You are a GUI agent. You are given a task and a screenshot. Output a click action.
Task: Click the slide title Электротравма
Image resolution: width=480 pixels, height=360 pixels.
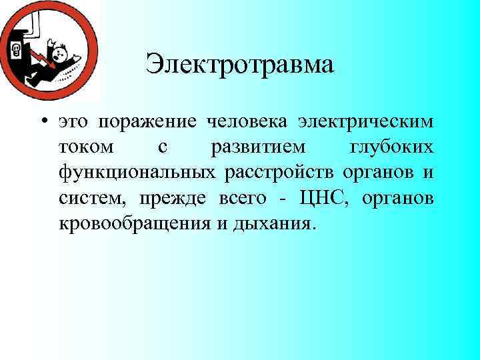pos(239,66)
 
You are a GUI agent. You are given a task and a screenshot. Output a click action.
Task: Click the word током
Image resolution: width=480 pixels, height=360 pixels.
pos(85,148)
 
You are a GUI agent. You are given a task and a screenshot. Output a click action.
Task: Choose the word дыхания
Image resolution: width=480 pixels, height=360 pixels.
pos(273,223)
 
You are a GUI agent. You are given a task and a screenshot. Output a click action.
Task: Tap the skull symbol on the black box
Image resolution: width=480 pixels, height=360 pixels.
pos(15,49)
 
